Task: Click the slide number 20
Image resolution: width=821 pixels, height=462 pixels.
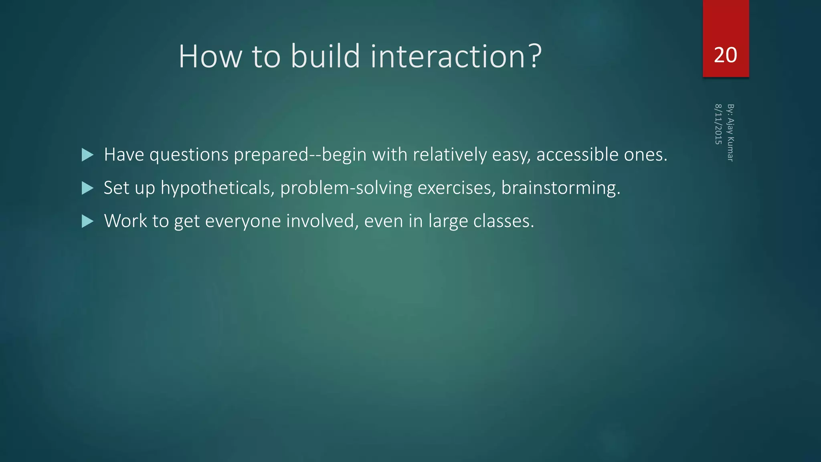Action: pos(725,55)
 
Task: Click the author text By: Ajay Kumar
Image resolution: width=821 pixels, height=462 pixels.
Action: pos(730,133)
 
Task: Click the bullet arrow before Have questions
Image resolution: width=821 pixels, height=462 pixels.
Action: pos(87,155)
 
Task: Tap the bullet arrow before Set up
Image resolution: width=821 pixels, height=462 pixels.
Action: pos(87,188)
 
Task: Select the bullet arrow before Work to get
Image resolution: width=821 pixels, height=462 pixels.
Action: pos(87,221)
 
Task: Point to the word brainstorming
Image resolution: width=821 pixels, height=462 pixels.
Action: pos(560,188)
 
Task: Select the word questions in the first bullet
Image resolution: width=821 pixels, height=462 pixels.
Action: pos(189,155)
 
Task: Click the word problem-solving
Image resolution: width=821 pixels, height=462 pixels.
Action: pos(346,188)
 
